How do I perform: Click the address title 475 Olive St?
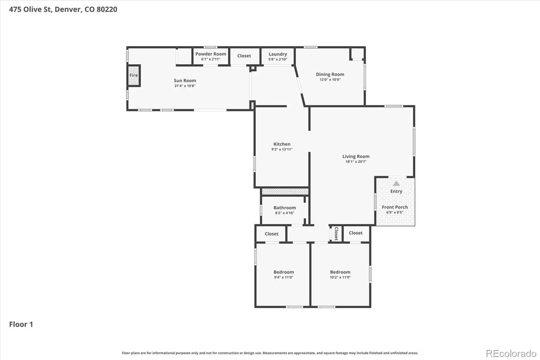63,9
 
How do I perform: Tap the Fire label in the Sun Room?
134,75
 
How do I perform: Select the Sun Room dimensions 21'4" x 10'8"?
185,86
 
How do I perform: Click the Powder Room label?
211,54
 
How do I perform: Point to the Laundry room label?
278,54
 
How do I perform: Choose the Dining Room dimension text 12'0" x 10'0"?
330,80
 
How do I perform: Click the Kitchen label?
282,144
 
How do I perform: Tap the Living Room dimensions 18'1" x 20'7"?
356,162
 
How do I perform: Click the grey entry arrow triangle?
396,184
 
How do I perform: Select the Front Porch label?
395,207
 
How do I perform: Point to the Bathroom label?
285,207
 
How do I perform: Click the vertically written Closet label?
336,234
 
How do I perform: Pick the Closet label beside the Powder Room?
244,56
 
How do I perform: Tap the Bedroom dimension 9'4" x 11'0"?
283,278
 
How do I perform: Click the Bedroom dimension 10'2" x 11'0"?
340,278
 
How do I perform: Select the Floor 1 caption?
21,324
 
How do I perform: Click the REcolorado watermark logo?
511,354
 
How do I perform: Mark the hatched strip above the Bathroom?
285,191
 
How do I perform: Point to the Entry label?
396,191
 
